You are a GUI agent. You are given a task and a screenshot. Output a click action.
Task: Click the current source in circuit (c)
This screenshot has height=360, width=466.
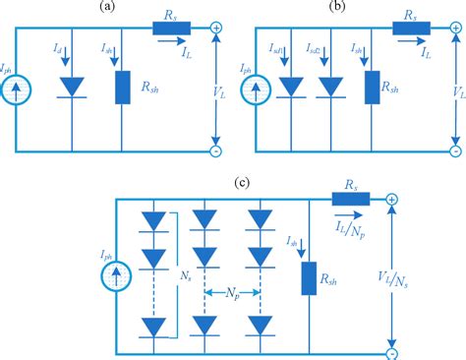(117, 269)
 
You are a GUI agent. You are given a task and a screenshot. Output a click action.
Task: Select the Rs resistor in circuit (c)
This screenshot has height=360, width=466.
(352, 200)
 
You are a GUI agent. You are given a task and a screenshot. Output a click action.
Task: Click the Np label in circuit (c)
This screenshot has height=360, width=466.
(234, 293)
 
